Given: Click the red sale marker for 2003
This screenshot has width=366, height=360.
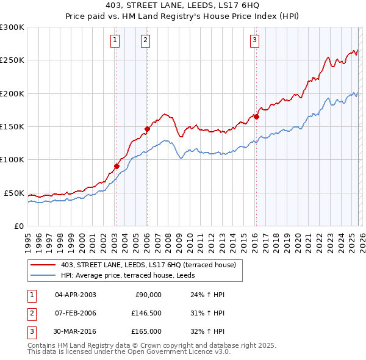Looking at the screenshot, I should click(x=117, y=165).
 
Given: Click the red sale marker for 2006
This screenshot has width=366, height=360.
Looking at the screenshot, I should click(x=147, y=128).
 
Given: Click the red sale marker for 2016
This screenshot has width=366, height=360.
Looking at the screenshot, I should click(x=256, y=117).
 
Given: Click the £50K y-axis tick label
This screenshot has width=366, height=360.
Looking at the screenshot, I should click(x=14, y=193).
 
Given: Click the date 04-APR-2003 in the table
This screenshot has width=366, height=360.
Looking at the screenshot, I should click(x=76, y=295).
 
